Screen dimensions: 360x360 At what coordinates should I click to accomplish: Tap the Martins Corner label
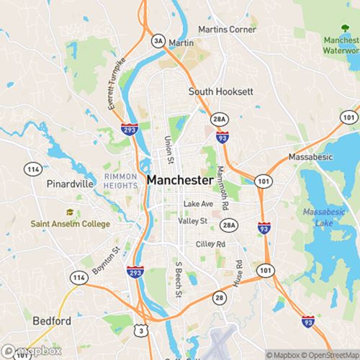[227, 30]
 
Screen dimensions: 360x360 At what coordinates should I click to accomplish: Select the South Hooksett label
[220, 91]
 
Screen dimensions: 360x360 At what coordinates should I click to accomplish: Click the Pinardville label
[70, 184]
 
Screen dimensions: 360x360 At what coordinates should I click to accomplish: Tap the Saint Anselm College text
[71, 224]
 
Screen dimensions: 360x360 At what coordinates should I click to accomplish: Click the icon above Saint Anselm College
[70, 212]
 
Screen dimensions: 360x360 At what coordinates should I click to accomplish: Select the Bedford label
[53, 320]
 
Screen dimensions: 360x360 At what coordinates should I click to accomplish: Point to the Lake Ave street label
[198, 204]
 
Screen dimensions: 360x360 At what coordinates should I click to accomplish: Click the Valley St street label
[193, 221]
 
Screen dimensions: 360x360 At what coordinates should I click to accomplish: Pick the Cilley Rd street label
[210, 245]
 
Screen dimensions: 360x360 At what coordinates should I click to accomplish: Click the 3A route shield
[158, 41]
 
